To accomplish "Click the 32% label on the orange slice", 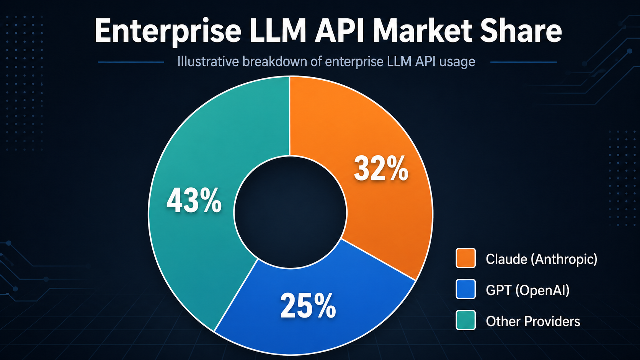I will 381,169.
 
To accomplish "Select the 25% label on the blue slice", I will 308,306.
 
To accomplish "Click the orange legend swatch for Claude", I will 465,258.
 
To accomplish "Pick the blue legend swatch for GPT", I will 465,289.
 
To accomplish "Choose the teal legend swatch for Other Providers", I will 465,320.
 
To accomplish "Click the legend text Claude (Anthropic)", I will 541,259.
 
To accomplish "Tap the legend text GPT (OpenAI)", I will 527,290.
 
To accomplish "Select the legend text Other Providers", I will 533,321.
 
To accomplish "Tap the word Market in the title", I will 423,31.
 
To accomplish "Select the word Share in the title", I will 521,31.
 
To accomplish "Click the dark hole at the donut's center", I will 290,212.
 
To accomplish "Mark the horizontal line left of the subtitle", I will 131,62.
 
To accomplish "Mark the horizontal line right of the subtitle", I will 523,62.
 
